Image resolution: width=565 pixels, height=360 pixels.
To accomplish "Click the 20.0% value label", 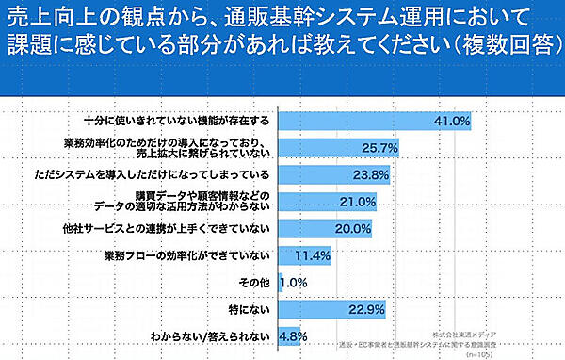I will coord(353,228).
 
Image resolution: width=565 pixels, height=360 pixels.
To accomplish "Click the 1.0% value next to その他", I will coord(294,282).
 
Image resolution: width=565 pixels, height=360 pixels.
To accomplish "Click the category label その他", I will coord(256,282).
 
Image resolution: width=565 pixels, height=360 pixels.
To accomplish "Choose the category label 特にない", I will coord(250,309).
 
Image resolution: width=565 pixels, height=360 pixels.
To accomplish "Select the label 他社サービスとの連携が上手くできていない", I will coord(178,228).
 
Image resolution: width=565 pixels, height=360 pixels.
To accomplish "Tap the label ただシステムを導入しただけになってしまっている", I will coord(166,175).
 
